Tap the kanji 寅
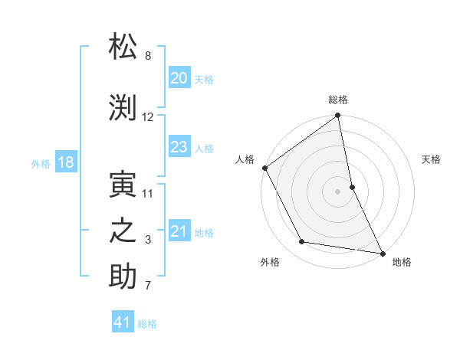[x=123, y=184]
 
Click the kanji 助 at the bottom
[x=123, y=277]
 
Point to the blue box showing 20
[x=179, y=78]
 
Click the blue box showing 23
[x=179, y=147]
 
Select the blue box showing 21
[x=179, y=231]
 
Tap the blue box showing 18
[x=65, y=162]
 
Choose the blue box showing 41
[x=123, y=322]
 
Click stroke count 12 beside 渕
[x=148, y=117]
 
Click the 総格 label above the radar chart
[x=338, y=100]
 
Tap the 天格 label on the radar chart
[x=431, y=159]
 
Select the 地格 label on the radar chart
[x=402, y=262]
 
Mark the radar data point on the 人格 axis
[x=264, y=168]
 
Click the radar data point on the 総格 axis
[x=337, y=116]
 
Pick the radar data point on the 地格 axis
[x=383, y=253]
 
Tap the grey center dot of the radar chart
[x=337, y=191]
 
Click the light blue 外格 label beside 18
[x=41, y=163]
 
